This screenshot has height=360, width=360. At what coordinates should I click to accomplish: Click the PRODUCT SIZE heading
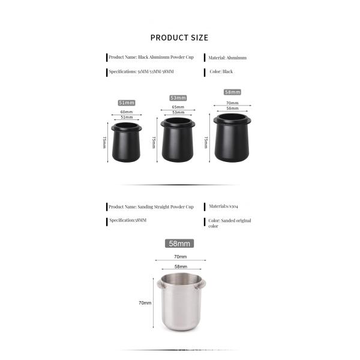click(x=179, y=38)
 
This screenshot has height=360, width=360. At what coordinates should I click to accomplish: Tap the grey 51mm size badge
click(x=126, y=103)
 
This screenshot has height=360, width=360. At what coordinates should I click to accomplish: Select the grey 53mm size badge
click(x=178, y=98)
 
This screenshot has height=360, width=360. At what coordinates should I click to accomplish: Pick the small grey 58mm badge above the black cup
click(x=232, y=92)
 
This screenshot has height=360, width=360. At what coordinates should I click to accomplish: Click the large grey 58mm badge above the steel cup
click(x=179, y=244)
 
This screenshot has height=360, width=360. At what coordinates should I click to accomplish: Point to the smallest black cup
click(x=127, y=143)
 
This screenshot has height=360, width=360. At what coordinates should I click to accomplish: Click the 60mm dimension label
click(x=127, y=112)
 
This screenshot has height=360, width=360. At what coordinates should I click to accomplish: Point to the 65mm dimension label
click(x=178, y=107)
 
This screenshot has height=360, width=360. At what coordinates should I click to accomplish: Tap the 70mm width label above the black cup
click(x=232, y=103)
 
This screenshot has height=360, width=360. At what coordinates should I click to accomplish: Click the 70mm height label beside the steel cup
click(x=145, y=303)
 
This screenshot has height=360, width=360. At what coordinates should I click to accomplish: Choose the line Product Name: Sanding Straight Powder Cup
click(x=151, y=206)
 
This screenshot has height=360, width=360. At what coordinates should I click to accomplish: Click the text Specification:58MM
click(x=128, y=220)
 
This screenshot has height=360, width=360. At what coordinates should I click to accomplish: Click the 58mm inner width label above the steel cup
click(x=180, y=265)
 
